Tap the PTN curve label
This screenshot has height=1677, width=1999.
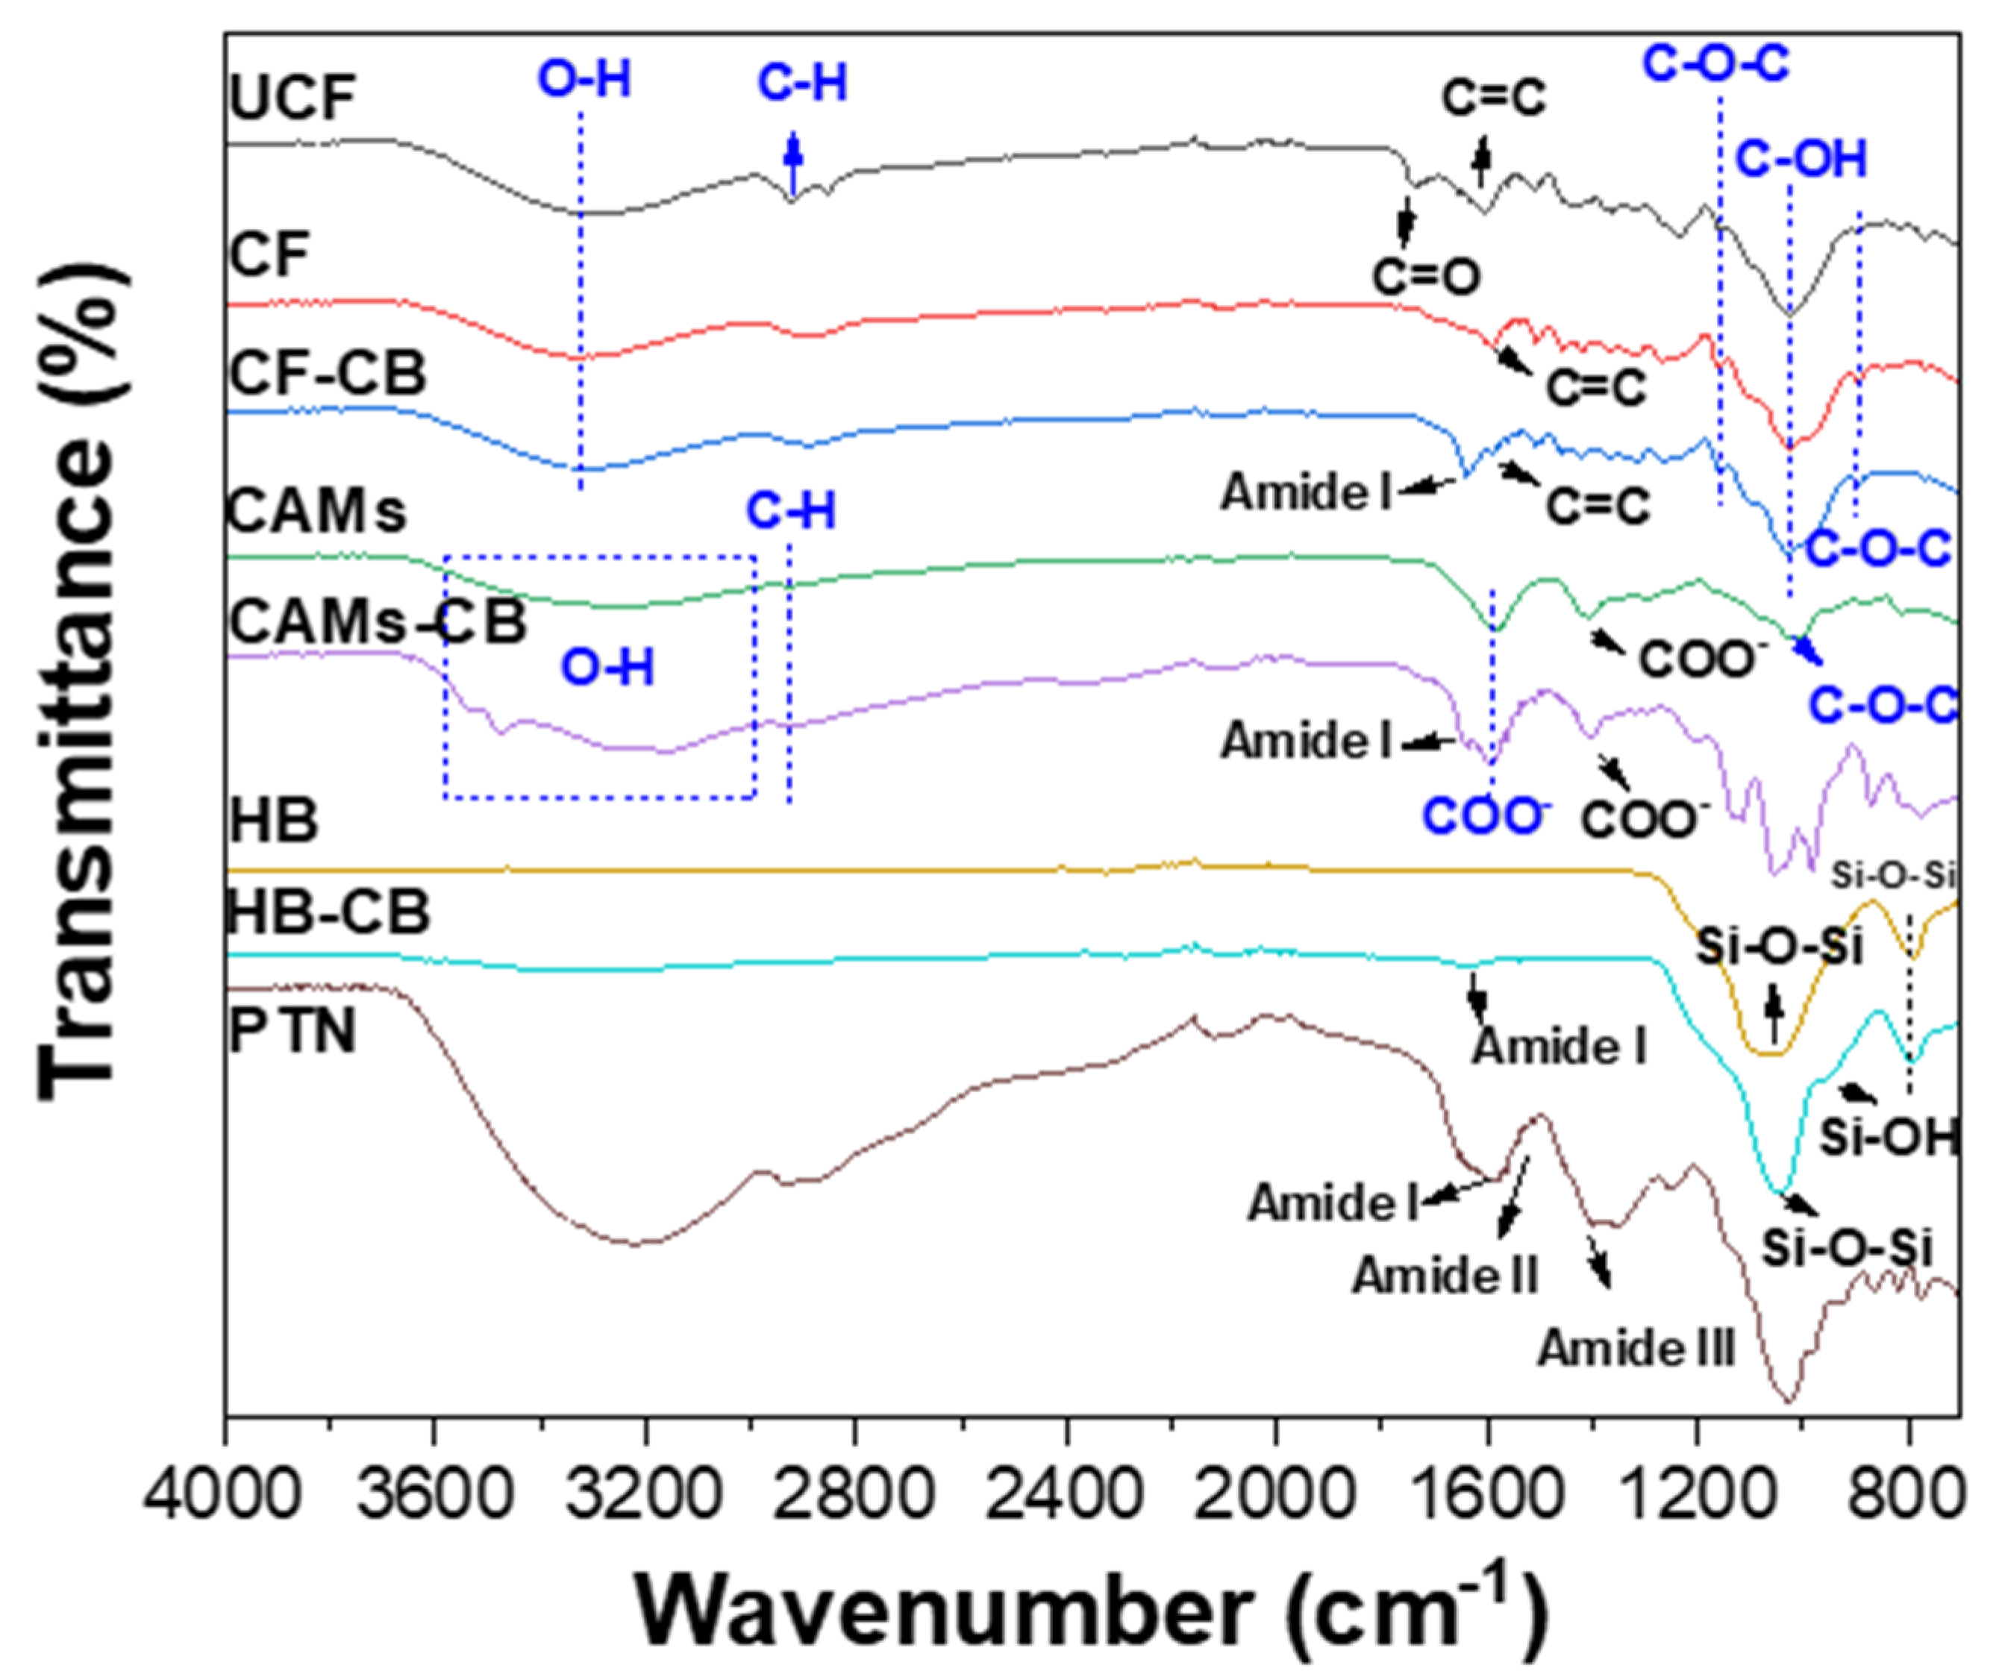pyautogui.click(x=293, y=1031)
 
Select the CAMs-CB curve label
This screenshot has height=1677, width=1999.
pyautogui.click(x=377, y=624)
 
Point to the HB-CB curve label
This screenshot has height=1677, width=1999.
pyautogui.click(x=328, y=912)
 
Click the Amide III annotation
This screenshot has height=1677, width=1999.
pyautogui.click(x=1636, y=1349)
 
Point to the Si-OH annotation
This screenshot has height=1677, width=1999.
pyautogui.click(x=1889, y=1138)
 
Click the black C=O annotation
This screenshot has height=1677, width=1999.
pyautogui.click(x=1426, y=277)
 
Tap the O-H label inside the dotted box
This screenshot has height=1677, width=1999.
pyautogui.click(x=607, y=668)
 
